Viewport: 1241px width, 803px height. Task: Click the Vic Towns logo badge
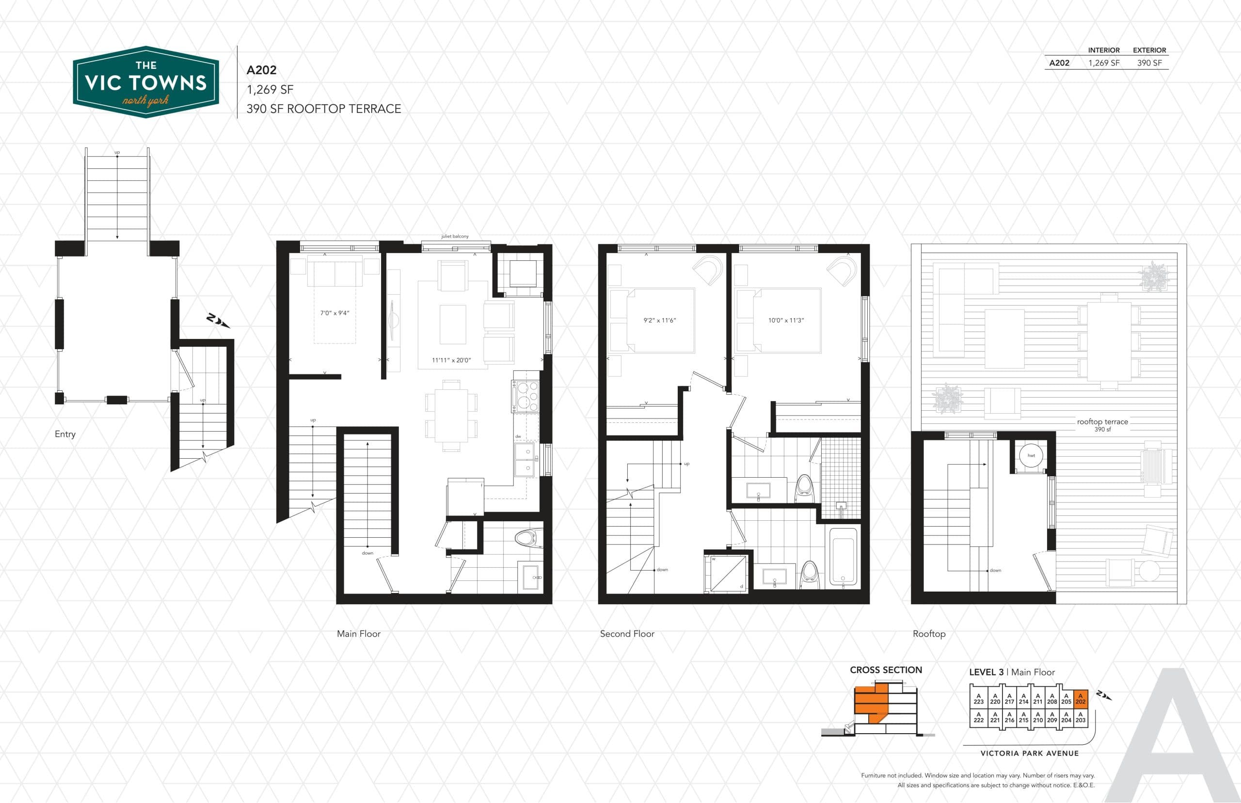(x=145, y=82)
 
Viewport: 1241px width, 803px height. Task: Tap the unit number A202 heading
(x=261, y=70)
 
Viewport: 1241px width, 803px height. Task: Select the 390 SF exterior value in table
(x=1149, y=63)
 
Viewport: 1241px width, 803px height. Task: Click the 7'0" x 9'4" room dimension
(x=334, y=313)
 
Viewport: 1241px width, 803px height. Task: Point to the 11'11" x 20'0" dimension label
(x=451, y=360)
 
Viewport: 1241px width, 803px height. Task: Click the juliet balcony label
(x=455, y=236)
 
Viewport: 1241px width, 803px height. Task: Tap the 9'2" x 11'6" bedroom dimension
(x=659, y=320)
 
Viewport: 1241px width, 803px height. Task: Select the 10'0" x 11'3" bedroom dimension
(x=786, y=320)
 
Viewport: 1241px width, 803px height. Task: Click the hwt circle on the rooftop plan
(x=1031, y=455)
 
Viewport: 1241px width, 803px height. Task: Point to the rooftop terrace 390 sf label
(x=1102, y=424)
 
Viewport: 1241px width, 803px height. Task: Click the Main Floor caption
(x=359, y=634)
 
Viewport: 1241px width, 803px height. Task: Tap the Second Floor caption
(x=627, y=634)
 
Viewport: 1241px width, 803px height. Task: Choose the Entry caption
(x=65, y=434)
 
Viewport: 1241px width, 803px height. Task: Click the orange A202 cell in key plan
(x=1081, y=699)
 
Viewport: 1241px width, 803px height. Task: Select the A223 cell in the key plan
(x=978, y=699)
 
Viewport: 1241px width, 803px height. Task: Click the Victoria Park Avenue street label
(x=1029, y=753)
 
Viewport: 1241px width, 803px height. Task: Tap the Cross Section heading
(x=886, y=670)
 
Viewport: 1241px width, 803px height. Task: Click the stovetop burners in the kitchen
(x=526, y=395)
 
